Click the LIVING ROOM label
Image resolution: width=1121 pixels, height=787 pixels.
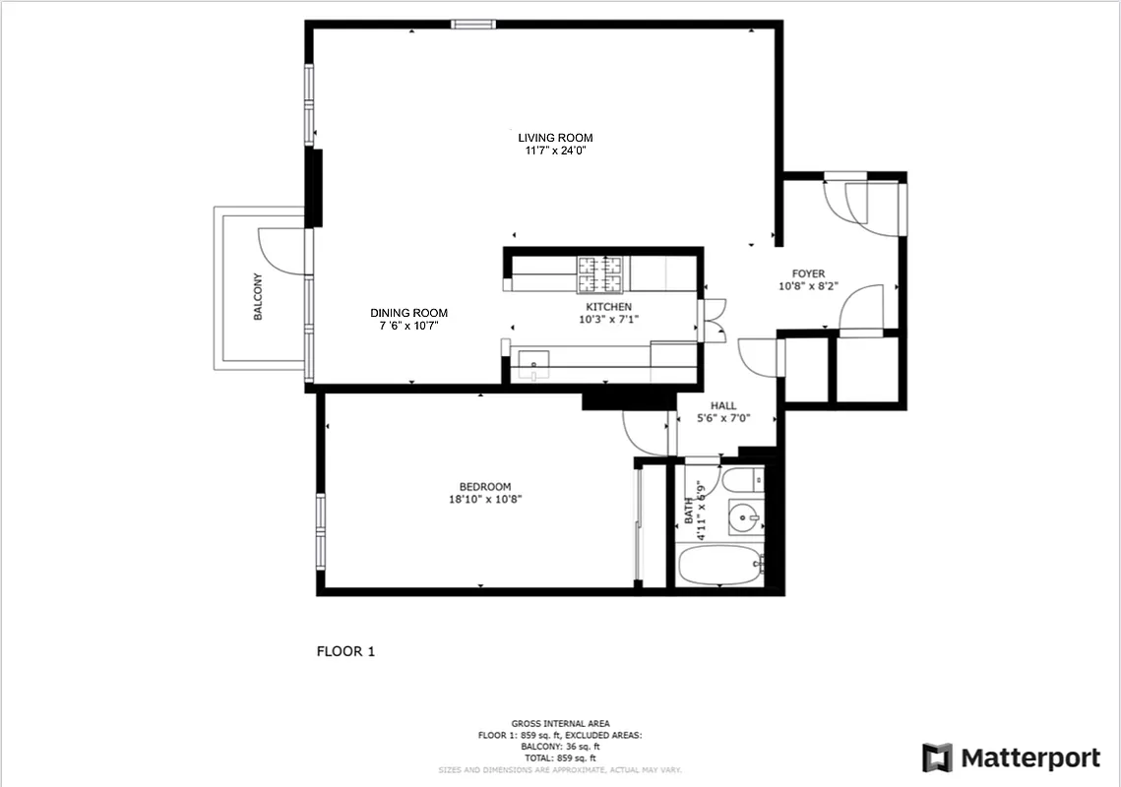pos(555,138)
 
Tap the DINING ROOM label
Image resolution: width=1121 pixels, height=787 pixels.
pos(408,313)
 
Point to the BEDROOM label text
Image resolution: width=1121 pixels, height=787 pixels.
pos(485,487)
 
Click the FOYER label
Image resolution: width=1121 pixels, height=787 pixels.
pos(808,274)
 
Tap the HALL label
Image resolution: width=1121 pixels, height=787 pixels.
pos(723,405)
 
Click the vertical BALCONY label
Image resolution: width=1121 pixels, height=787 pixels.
pos(258,296)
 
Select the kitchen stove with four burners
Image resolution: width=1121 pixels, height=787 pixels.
pos(600,273)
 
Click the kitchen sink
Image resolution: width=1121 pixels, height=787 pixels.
pos(533,363)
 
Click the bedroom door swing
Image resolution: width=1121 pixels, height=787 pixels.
pos(645,433)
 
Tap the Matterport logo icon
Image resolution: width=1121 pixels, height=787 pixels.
pos(937,757)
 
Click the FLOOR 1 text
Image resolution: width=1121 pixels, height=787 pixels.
pos(345,651)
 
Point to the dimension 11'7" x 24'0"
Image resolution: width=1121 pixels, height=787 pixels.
pos(555,151)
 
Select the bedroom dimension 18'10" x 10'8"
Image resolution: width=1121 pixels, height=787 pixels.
pos(485,499)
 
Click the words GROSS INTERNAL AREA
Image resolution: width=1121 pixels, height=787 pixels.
pos(559,723)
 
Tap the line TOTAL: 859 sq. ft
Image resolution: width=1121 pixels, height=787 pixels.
pos(559,758)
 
